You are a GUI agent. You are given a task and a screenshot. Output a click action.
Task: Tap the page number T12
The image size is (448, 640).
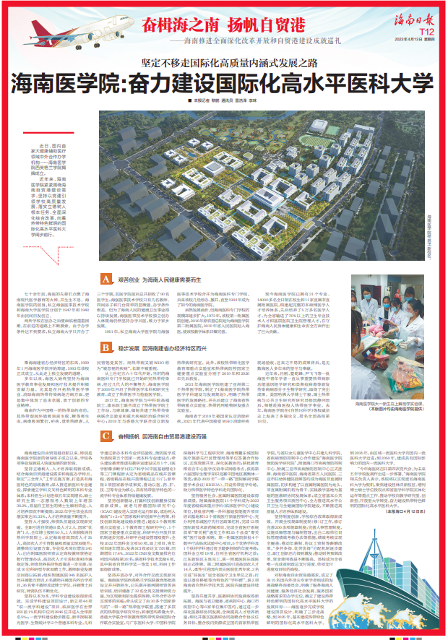(425, 32)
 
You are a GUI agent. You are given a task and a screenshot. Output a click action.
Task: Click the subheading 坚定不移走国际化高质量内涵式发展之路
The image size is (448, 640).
(223, 64)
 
